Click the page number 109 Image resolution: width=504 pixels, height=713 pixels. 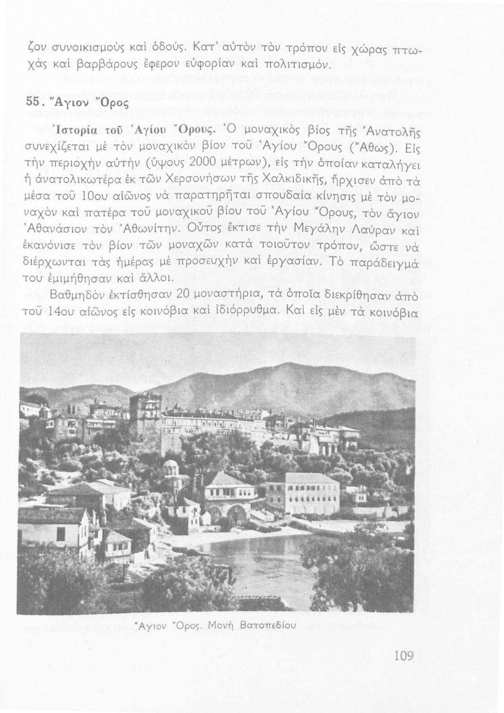[404, 656]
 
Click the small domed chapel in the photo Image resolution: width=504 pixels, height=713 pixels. [171, 468]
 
